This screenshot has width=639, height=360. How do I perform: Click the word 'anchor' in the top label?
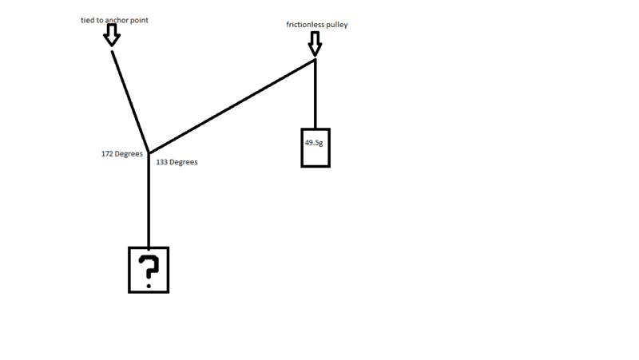[117, 21]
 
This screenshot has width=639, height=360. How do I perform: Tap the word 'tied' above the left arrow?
[88, 21]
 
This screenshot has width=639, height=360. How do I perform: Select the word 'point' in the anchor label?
[139, 21]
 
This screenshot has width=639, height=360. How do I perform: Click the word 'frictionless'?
[305, 25]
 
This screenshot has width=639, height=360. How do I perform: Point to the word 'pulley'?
[336, 25]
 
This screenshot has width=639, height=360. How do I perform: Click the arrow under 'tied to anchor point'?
[112, 35]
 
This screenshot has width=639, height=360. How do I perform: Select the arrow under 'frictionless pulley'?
[315, 44]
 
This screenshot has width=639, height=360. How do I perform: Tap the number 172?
[107, 154]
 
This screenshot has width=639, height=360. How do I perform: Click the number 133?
[162, 162]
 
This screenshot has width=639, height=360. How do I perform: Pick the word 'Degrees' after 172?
[129, 154]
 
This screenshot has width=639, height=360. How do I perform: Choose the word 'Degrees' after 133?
[184, 162]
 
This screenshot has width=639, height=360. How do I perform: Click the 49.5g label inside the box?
[314, 143]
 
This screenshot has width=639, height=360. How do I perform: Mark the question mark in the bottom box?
[149, 271]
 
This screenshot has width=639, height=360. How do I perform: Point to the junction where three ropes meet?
[149, 153]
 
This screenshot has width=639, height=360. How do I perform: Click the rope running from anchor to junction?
[130, 102]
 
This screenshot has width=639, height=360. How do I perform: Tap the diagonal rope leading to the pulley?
[232, 106]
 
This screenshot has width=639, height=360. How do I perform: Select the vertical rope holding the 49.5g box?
[316, 94]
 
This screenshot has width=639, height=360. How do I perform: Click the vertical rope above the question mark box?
[149, 200]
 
